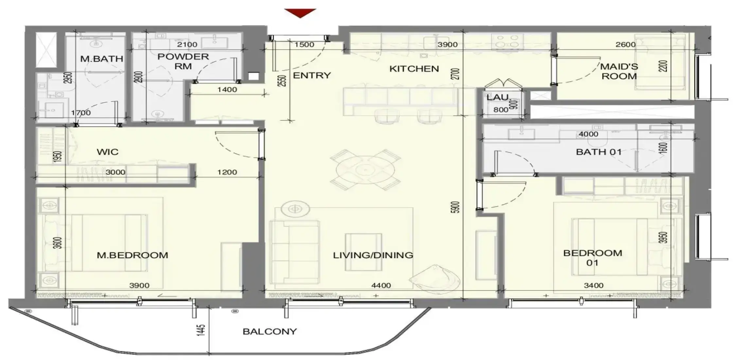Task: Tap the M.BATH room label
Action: pyautogui.click(x=102, y=59)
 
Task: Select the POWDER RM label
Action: pyautogui.click(x=183, y=61)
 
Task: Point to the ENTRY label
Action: pyautogui.click(x=312, y=76)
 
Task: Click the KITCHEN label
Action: pyautogui.click(x=414, y=69)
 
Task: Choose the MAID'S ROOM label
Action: pyautogui.click(x=619, y=71)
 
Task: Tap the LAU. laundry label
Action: pyautogui.click(x=498, y=97)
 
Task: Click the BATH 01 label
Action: pyautogui.click(x=599, y=152)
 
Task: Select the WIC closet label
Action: pyautogui.click(x=108, y=152)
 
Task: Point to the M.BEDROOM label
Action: pyautogui.click(x=133, y=255)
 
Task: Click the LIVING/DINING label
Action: pyautogui.click(x=373, y=255)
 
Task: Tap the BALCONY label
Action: pyautogui.click(x=270, y=332)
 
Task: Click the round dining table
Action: pyautogui.click(x=365, y=170)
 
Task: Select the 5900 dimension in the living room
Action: pyautogui.click(x=456, y=207)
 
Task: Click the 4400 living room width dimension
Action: pyautogui.click(x=381, y=285)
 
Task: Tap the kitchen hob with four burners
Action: pyautogui.click(x=505, y=41)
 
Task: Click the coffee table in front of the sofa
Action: pyautogui.click(x=363, y=252)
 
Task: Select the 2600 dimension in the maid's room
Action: pyautogui.click(x=626, y=45)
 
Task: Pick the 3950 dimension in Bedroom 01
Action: pyautogui.click(x=663, y=238)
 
